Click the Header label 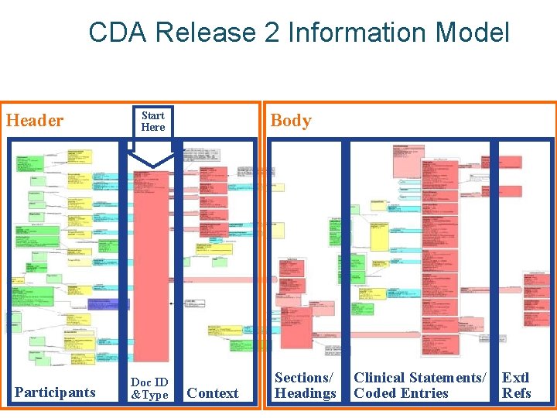click(x=35, y=121)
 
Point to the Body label click(x=291, y=121)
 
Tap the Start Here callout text click(x=153, y=122)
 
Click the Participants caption click(x=55, y=392)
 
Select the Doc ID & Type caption click(x=149, y=389)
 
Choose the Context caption click(x=213, y=393)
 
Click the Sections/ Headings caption click(x=306, y=385)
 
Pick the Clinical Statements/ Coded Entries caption click(x=420, y=385)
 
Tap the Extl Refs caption click(x=516, y=385)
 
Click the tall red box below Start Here click(x=151, y=263)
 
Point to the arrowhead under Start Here click(x=152, y=161)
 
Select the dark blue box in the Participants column click(x=109, y=303)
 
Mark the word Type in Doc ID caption click(x=154, y=396)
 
